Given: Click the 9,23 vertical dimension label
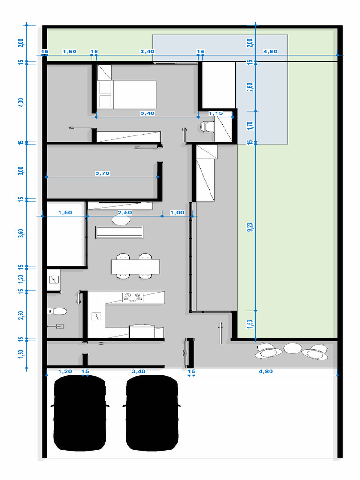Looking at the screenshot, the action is pyautogui.click(x=250, y=227).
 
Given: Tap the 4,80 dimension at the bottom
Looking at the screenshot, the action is pyautogui.click(x=265, y=371).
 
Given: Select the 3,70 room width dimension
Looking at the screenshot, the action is pyautogui.click(x=102, y=173).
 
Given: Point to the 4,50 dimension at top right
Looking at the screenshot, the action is pyautogui.click(x=270, y=52).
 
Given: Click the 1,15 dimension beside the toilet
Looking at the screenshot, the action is pyautogui.click(x=216, y=113).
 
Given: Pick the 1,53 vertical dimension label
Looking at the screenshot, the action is pyautogui.click(x=250, y=324).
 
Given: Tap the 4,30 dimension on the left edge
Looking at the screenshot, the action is pyautogui.click(x=21, y=102).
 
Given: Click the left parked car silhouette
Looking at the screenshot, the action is pyautogui.click(x=80, y=413).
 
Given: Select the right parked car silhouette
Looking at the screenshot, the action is pyautogui.click(x=152, y=413).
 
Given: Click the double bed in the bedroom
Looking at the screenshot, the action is pyautogui.click(x=127, y=94).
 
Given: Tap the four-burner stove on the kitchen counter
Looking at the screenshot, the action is pyautogui.click(x=133, y=297).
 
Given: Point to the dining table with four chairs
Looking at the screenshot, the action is pyautogui.click(x=135, y=266).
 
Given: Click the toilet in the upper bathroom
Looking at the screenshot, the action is pyautogui.click(x=207, y=127).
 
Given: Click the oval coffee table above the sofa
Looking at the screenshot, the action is pyautogui.click(x=121, y=219).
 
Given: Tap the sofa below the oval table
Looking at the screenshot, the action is pyautogui.click(x=119, y=232).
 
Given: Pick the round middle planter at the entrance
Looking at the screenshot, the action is pyautogui.click(x=292, y=348).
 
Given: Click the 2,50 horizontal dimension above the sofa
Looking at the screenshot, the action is pyautogui.click(x=125, y=212).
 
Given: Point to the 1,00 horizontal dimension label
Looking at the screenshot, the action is pyautogui.click(x=177, y=212).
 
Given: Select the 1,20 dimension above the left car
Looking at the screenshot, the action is pyautogui.click(x=65, y=371).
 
